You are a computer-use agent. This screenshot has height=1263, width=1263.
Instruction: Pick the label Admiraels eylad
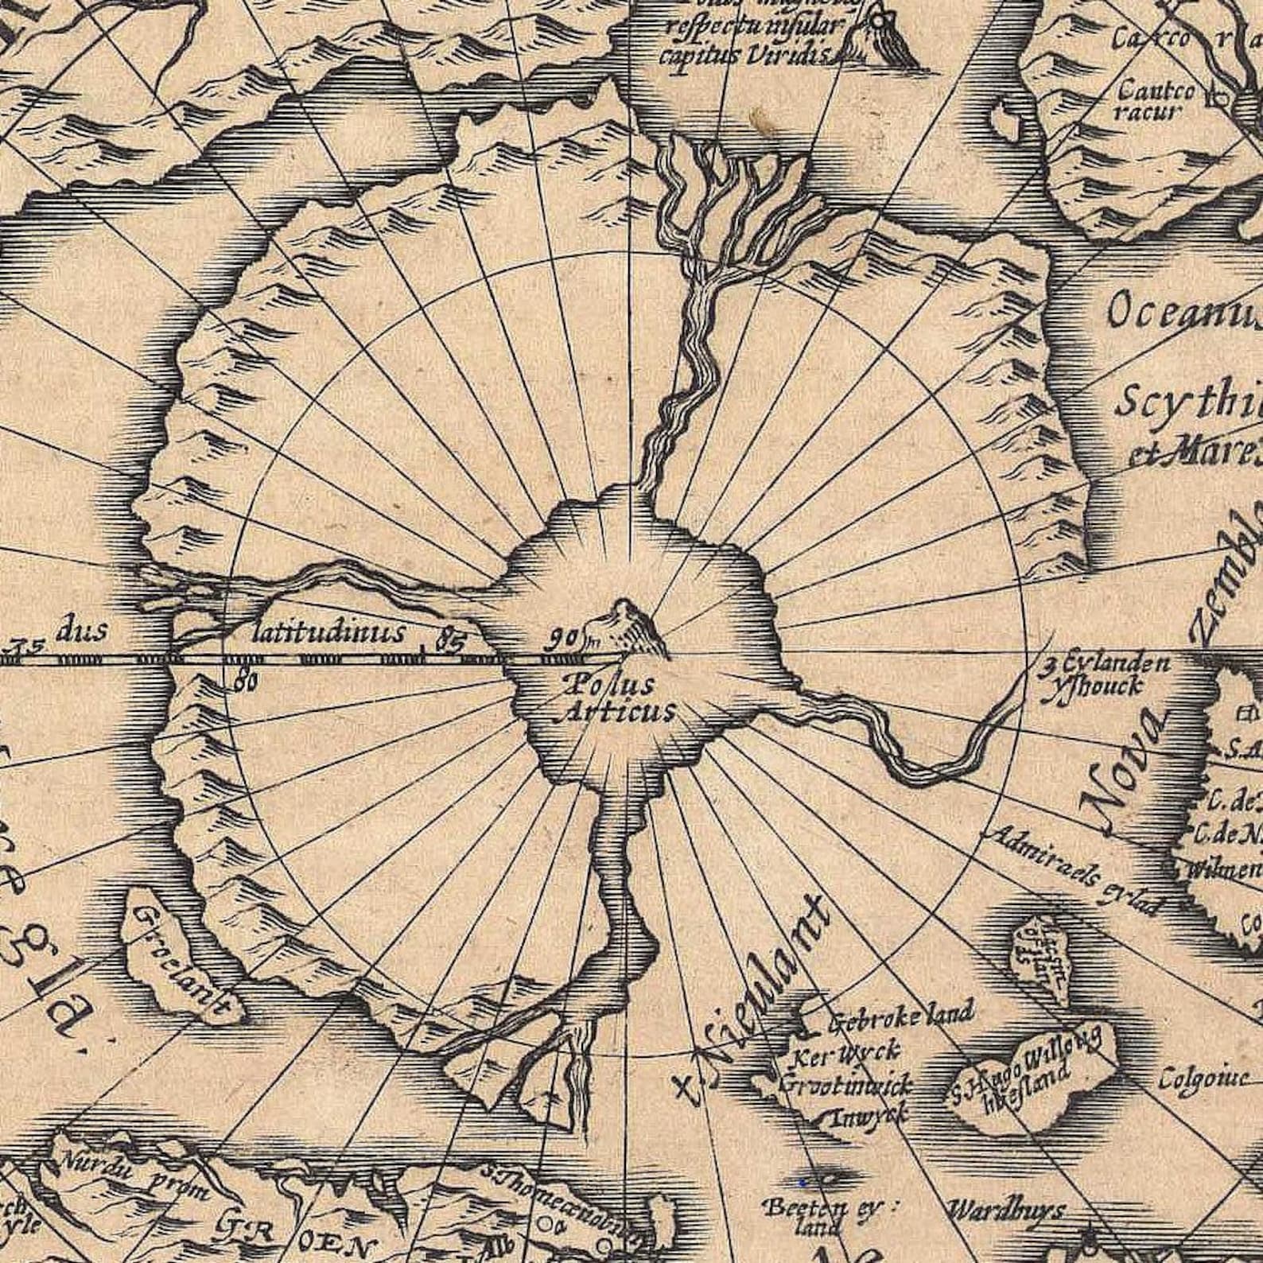tap(1074, 871)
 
